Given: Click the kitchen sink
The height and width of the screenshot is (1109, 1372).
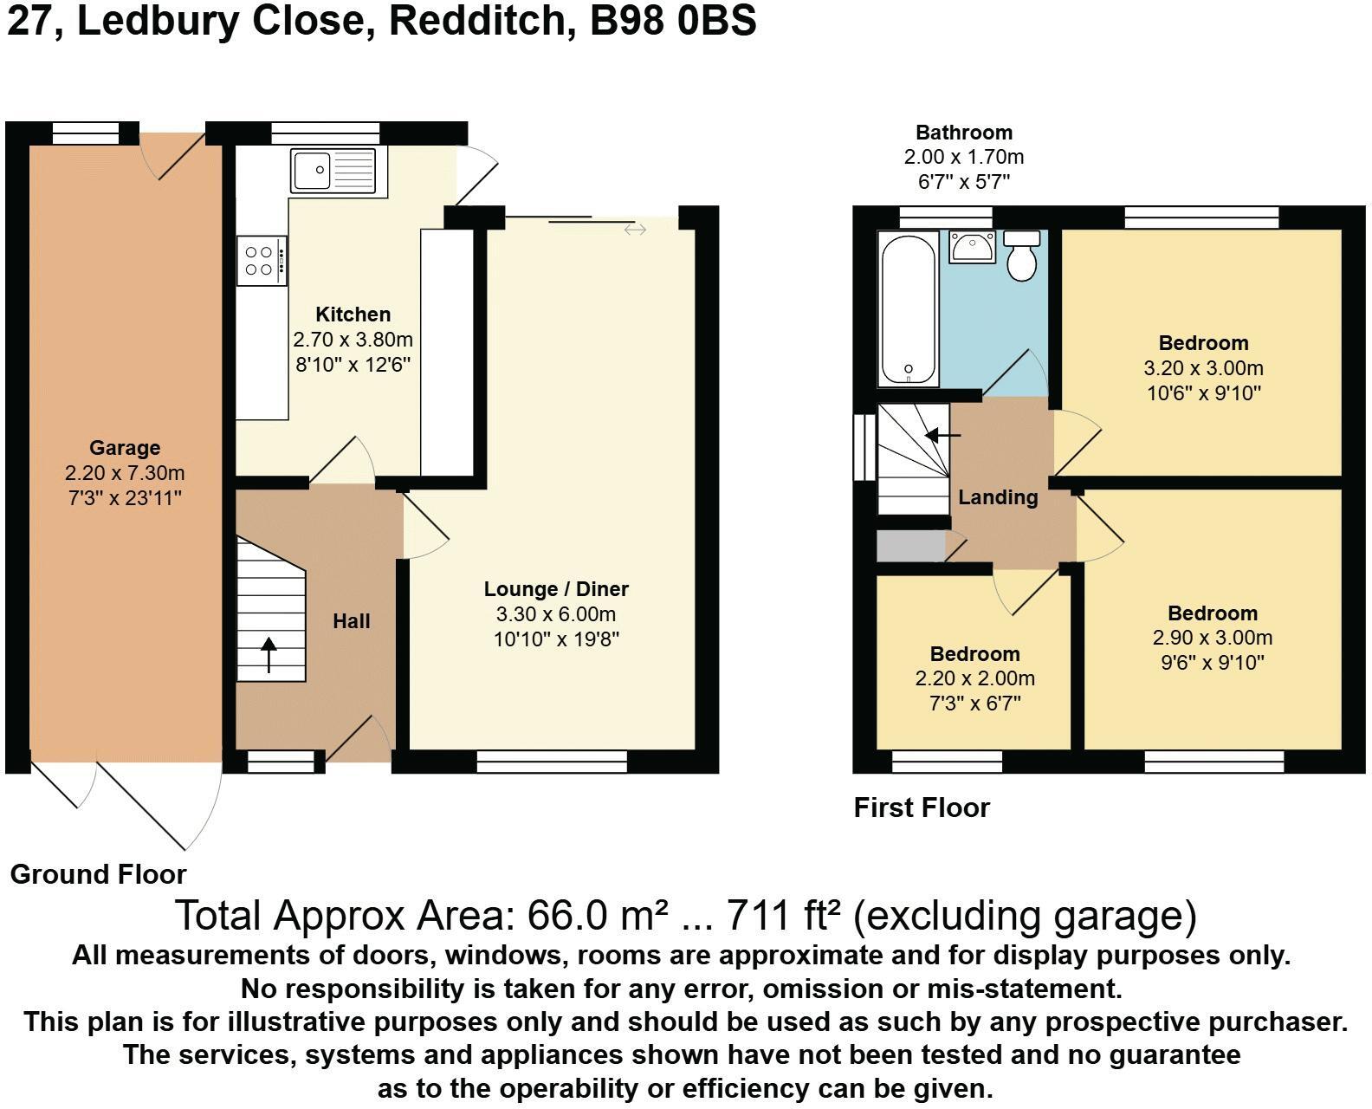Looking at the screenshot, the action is [333, 171].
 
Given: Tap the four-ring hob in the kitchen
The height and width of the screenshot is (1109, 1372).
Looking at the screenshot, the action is [262, 261].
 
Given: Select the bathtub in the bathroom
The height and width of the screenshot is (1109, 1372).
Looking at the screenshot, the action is [909, 308].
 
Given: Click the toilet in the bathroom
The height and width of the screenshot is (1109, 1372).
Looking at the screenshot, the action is [1021, 256].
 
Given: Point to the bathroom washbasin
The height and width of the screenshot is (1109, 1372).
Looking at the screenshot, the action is [972, 247].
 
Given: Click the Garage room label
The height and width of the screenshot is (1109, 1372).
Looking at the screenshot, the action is [125, 447].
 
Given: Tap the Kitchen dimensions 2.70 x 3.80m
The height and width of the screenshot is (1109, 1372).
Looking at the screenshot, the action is [353, 340].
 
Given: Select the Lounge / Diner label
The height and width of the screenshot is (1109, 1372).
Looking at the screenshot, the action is [556, 589].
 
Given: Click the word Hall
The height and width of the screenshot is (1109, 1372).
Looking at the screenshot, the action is [351, 621].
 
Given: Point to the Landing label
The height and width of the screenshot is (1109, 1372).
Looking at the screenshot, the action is [998, 496].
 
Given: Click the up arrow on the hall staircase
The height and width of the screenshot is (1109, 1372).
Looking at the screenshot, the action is [269, 655].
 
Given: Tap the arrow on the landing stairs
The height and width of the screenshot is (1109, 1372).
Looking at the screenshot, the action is [942, 435].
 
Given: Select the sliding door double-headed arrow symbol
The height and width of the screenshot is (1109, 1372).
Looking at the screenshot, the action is [635, 230].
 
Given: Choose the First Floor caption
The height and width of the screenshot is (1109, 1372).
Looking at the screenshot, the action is [922, 808].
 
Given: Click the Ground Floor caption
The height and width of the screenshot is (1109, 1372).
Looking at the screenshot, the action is [99, 874].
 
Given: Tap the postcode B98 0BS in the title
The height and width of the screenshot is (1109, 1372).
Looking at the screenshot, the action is [673, 21].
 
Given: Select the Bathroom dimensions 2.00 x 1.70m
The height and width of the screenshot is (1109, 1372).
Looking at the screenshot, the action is [964, 157].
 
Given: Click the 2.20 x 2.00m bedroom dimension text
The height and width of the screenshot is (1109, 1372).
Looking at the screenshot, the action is [974, 678].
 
